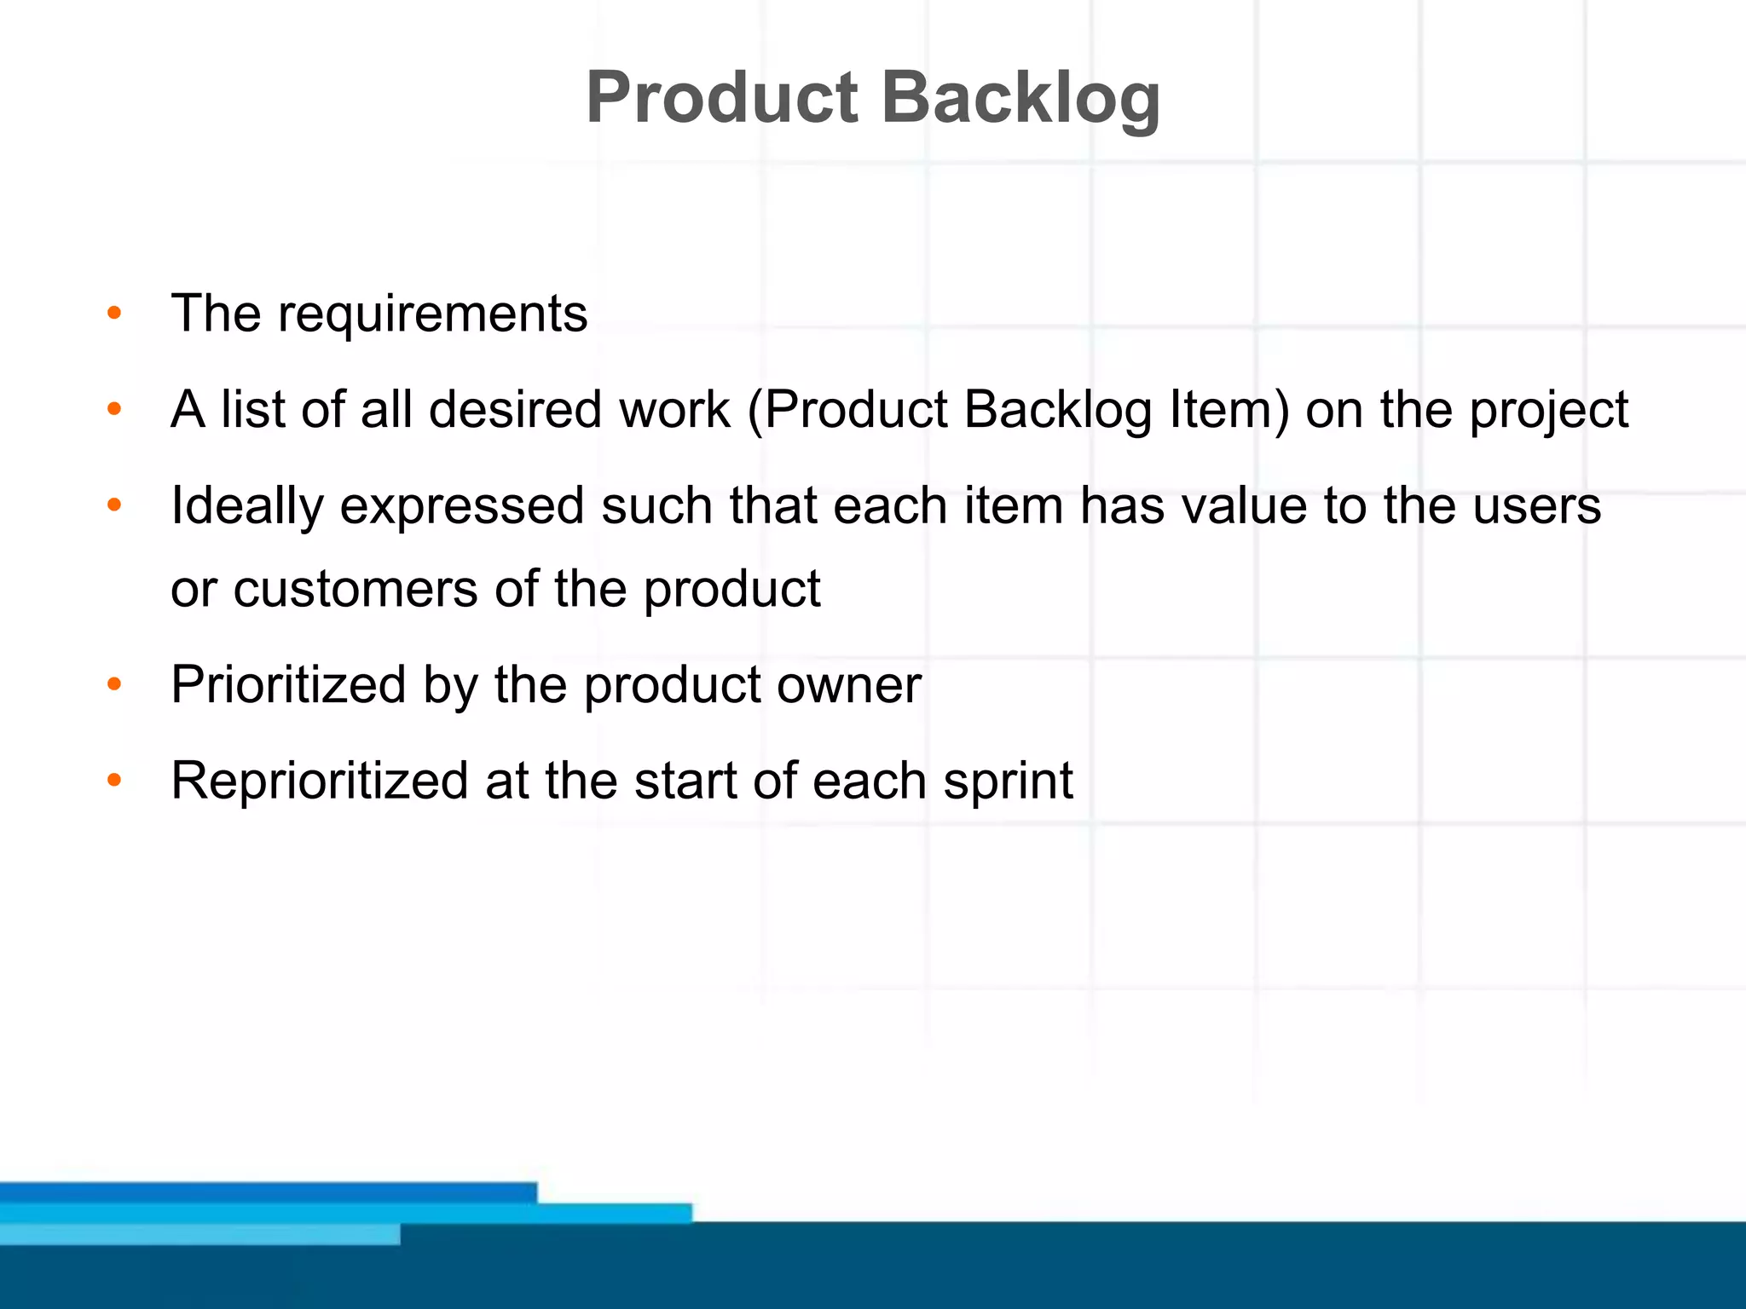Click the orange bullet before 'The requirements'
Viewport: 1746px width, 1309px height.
coord(114,314)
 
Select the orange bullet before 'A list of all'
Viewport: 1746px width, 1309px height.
coord(114,410)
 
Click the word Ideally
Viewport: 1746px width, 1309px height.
coord(247,507)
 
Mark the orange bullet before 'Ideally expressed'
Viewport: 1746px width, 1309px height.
coord(114,506)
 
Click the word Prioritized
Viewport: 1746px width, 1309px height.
coord(288,684)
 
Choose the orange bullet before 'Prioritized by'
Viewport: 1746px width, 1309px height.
coord(114,684)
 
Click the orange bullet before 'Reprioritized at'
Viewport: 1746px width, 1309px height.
coord(114,781)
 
